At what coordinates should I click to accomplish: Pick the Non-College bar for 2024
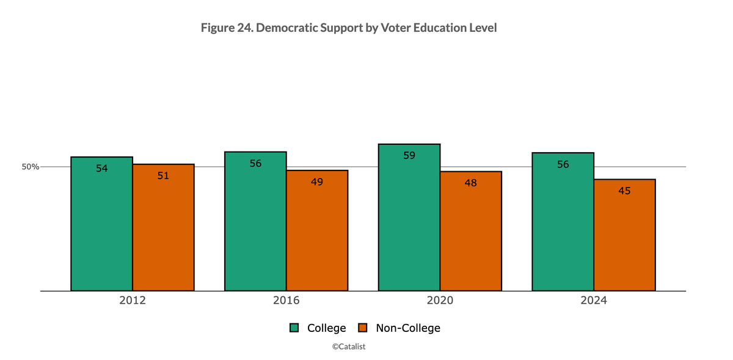624,235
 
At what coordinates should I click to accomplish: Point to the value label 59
409,155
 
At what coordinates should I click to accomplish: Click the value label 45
624,191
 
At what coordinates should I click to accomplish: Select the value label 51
163,175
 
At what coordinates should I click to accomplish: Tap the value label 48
470,183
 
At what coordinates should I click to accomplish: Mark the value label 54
101,168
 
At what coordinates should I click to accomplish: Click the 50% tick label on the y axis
31,167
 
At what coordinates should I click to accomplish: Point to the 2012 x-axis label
133,301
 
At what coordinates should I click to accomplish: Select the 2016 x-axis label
286,301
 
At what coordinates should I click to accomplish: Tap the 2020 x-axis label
440,301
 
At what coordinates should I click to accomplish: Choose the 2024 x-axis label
594,301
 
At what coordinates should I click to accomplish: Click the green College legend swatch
294,328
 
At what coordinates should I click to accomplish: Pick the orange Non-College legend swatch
363,328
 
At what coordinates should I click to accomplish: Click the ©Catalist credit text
349,346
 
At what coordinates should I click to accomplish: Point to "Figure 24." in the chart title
223,28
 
